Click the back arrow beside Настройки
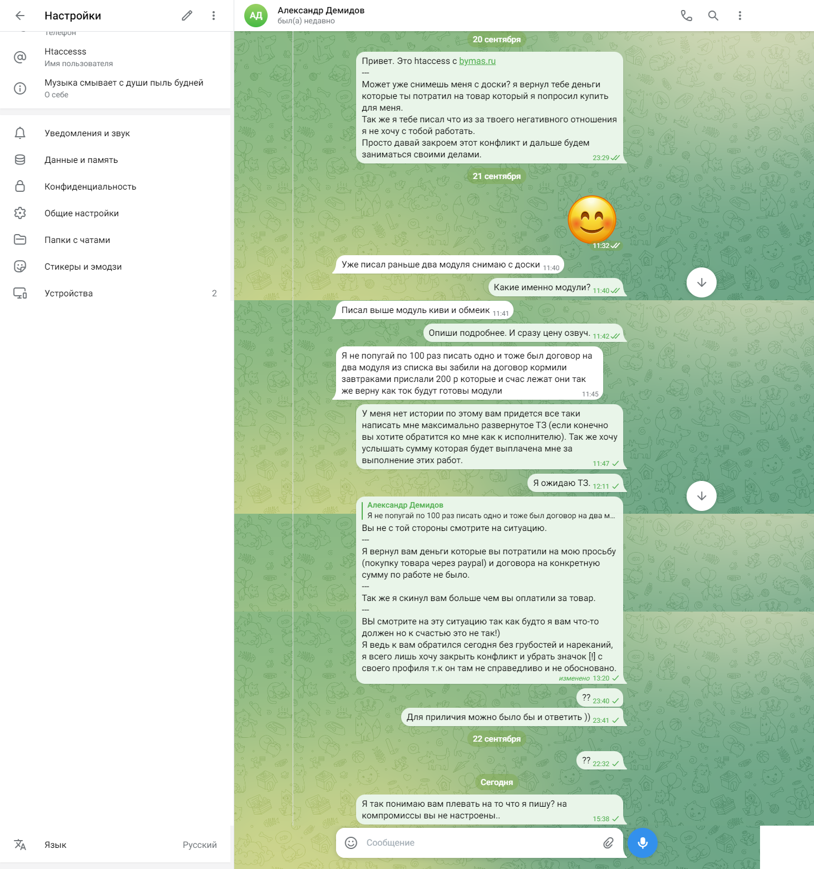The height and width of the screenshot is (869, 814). (20, 16)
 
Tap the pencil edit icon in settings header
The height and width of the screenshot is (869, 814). (187, 16)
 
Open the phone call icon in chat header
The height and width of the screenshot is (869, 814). (687, 16)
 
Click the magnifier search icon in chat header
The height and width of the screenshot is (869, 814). (713, 16)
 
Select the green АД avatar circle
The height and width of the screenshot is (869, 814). (256, 16)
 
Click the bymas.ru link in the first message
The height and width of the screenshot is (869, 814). (477, 61)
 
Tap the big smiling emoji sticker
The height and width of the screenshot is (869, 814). (591, 220)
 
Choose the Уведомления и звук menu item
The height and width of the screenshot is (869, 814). (87, 133)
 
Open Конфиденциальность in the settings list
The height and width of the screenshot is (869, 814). (90, 187)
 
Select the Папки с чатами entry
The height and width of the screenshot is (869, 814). (77, 240)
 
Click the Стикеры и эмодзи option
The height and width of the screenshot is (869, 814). (83, 267)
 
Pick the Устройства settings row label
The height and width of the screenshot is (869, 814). (68, 294)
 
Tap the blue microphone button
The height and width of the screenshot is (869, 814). (643, 843)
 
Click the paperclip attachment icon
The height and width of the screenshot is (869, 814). (608, 843)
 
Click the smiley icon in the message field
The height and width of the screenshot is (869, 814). (351, 843)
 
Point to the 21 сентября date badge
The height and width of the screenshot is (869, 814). (496, 176)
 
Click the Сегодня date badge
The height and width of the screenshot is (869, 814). (496, 782)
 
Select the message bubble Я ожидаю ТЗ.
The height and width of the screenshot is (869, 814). (561, 483)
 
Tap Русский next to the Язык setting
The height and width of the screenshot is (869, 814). (200, 845)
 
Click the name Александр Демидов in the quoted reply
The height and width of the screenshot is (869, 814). (405, 505)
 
